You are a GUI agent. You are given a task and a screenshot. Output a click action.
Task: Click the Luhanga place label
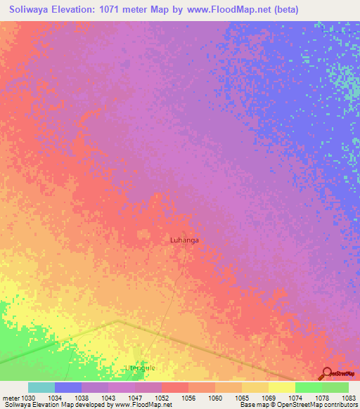tap(184, 240)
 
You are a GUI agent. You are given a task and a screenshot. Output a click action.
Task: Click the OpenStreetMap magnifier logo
tap(328, 374)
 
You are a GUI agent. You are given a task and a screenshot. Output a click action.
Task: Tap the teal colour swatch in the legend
tap(41, 387)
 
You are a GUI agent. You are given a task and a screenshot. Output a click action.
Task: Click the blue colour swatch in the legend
tap(68, 387)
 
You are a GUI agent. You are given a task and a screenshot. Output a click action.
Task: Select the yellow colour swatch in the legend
tap(282, 387)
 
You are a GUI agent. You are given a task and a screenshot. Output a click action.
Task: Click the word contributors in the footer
tap(337, 405)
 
